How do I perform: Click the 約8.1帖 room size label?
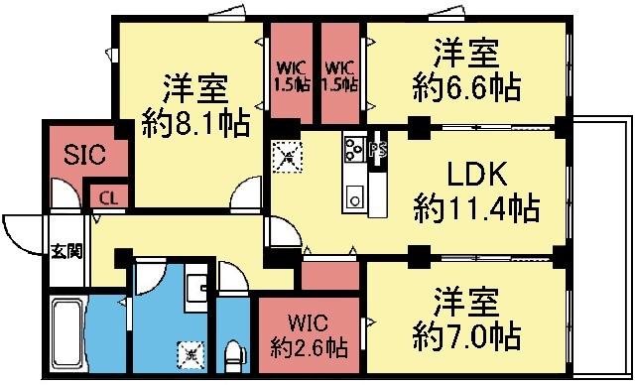195,124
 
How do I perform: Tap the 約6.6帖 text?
466,86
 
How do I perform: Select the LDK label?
476,177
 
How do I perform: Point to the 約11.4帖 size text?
476,208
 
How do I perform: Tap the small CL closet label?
106,198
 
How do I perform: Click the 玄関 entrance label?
66,250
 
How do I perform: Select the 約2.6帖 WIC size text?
309,348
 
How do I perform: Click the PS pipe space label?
377,152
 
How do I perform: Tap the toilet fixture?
235,352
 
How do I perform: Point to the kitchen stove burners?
354,149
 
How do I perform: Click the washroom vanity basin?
197,286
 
